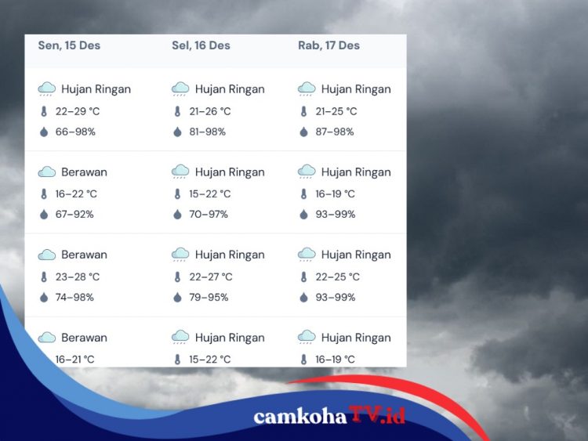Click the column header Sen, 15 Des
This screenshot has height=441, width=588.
click(69, 45)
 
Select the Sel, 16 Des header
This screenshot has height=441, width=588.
click(201, 45)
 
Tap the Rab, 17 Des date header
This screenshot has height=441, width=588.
click(328, 45)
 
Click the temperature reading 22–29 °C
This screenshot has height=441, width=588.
click(78, 111)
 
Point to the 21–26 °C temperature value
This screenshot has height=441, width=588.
click(209, 111)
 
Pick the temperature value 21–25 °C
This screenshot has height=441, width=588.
click(336, 111)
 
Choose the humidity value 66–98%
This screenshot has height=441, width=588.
click(75, 132)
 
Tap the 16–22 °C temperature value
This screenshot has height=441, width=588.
click(76, 193)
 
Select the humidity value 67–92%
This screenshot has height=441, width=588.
click(75, 214)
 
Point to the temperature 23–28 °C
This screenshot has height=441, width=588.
click(78, 277)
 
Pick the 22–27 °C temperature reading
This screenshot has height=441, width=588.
click(210, 277)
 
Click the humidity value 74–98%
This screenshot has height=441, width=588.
click(75, 297)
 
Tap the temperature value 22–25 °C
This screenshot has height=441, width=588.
click(336, 277)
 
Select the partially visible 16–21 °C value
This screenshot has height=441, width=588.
click(75, 360)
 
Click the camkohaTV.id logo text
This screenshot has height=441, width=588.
click(329, 416)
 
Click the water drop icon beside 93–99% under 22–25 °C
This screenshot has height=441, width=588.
click(303, 297)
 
